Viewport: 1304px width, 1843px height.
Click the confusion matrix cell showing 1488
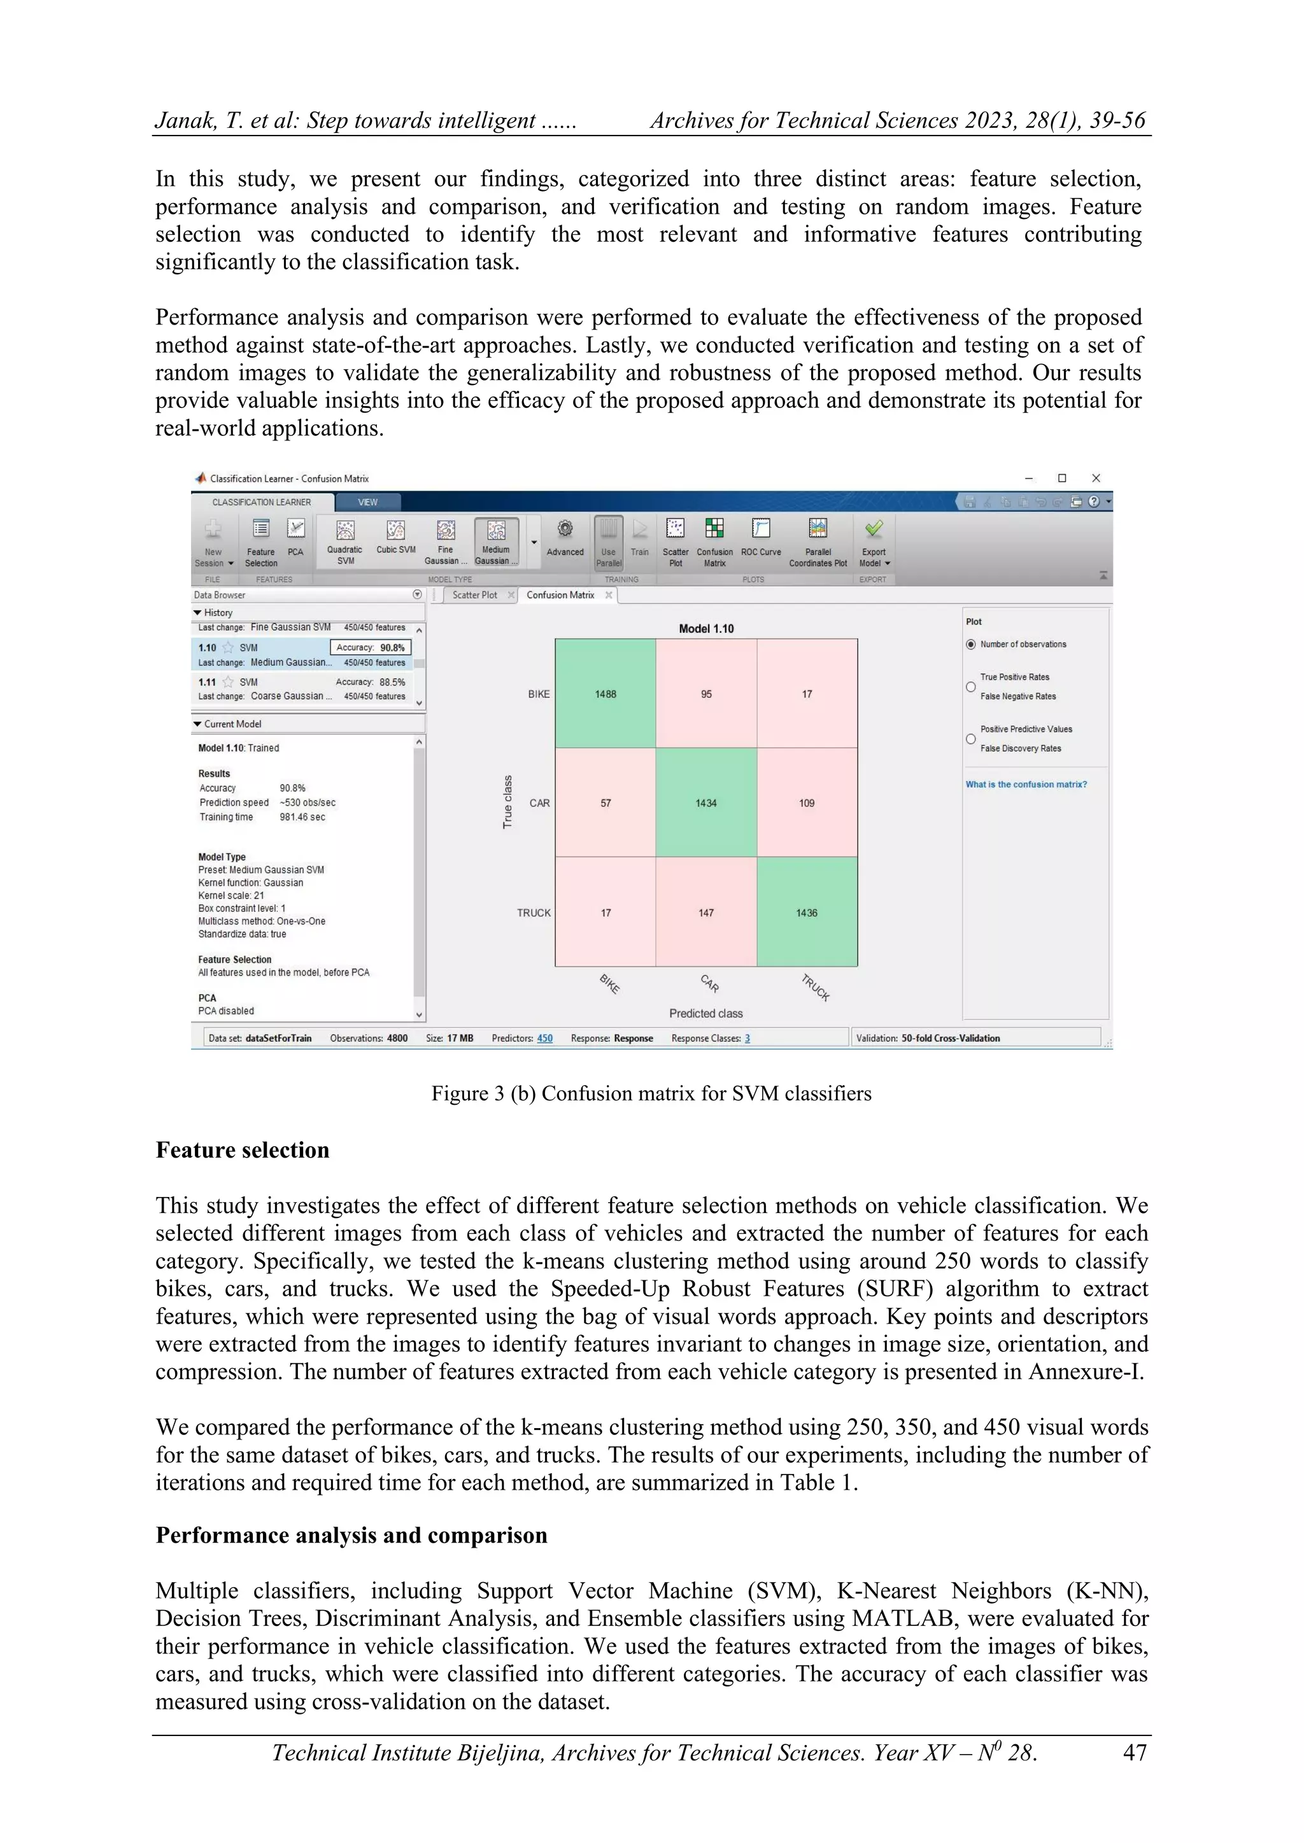(606, 694)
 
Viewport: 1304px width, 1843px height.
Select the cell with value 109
(806, 802)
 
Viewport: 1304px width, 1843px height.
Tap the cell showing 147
(705, 913)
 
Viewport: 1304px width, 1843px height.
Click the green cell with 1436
(806, 913)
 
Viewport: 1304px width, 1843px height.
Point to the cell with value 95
(705, 694)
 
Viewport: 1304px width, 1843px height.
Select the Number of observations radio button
(971, 645)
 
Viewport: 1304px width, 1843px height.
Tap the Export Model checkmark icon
(874, 528)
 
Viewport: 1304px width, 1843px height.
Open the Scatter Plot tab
(474, 595)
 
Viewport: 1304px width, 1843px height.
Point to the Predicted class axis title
(705, 1013)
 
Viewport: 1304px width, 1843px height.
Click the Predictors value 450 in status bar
(544, 1038)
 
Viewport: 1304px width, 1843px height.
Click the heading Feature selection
(243, 1150)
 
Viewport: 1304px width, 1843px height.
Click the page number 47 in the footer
(1134, 1752)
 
